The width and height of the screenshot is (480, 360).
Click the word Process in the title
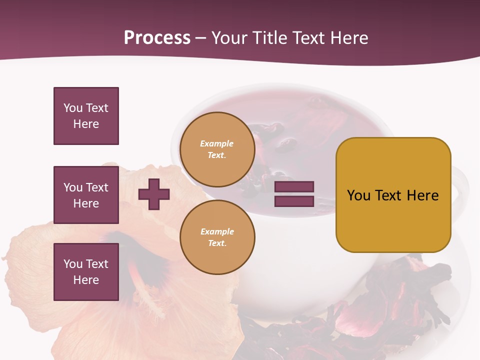pyautogui.click(x=157, y=38)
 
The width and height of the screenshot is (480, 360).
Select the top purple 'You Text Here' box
pyautogui.click(x=86, y=116)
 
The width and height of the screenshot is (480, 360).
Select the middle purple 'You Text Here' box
pyautogui.click(x=86, y=195)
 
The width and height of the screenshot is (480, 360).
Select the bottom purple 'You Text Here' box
pyautogui.click(x=86, y=272)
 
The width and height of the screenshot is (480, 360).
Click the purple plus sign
pyautogui.click(x=154, y=194)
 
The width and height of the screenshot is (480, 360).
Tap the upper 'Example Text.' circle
pyautogui.click(x=217, y=149)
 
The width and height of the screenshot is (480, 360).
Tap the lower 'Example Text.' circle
pyautogui.click(x=217, y=237)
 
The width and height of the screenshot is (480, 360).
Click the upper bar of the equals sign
pyautogui.click(x=294, y=186)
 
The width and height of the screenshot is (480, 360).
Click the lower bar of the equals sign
pyautogui.click(x=294, y=201)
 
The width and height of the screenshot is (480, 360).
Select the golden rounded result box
pyautogui.click(x=393, y=195)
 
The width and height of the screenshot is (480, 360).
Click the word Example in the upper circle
pyautogui.click(x=217, y=144)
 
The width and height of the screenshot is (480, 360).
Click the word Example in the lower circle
pyautogui.click(x=217, y=231)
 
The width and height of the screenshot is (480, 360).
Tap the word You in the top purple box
pyautogui.click(x=73, y=108)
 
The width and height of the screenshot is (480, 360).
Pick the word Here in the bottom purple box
pyautogui.click(x=86, y=280)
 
